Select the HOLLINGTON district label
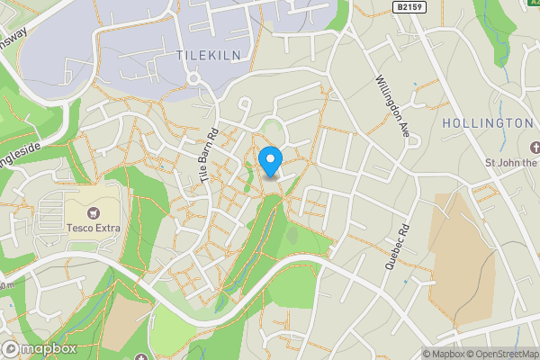(x=489, y=122)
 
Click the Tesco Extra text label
(x=93, y=226)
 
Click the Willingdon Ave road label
(x=392, y=107)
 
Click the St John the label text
(x=510, y=163)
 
